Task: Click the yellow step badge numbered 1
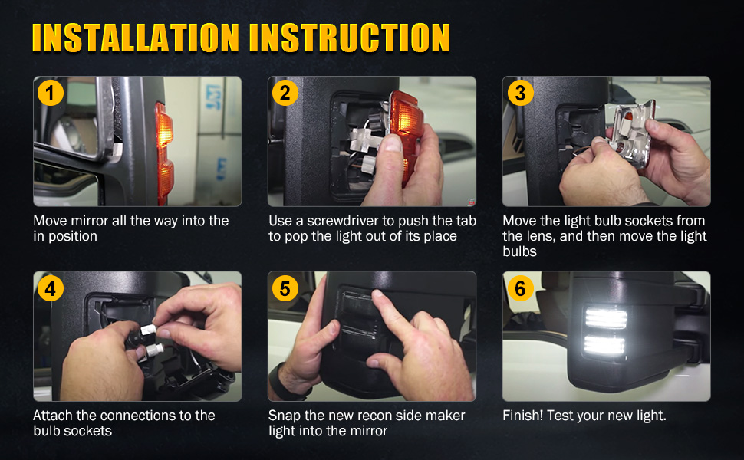click(51, 94)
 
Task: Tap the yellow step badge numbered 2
click(285, 94)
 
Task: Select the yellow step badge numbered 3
click(520, 94)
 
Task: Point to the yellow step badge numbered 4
click(51, 289)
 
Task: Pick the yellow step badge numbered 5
click(285, 289)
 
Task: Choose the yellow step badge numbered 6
click(520, 289)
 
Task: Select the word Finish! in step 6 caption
click(524, 416)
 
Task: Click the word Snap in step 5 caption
click(283, 416)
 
